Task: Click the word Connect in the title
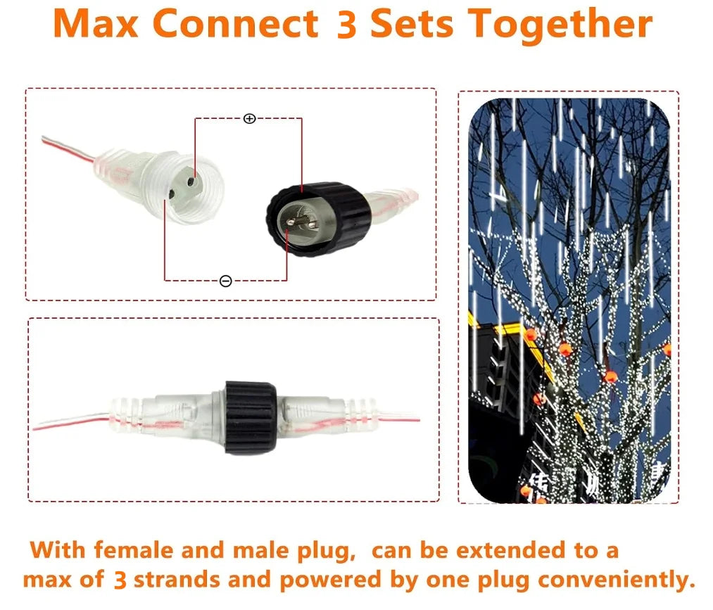(235, 24)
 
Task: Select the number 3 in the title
(346, 24)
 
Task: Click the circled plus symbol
(249, 118)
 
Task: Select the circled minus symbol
(225, 281)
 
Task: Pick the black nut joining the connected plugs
(251, 417)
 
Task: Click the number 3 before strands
(120, 580)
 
